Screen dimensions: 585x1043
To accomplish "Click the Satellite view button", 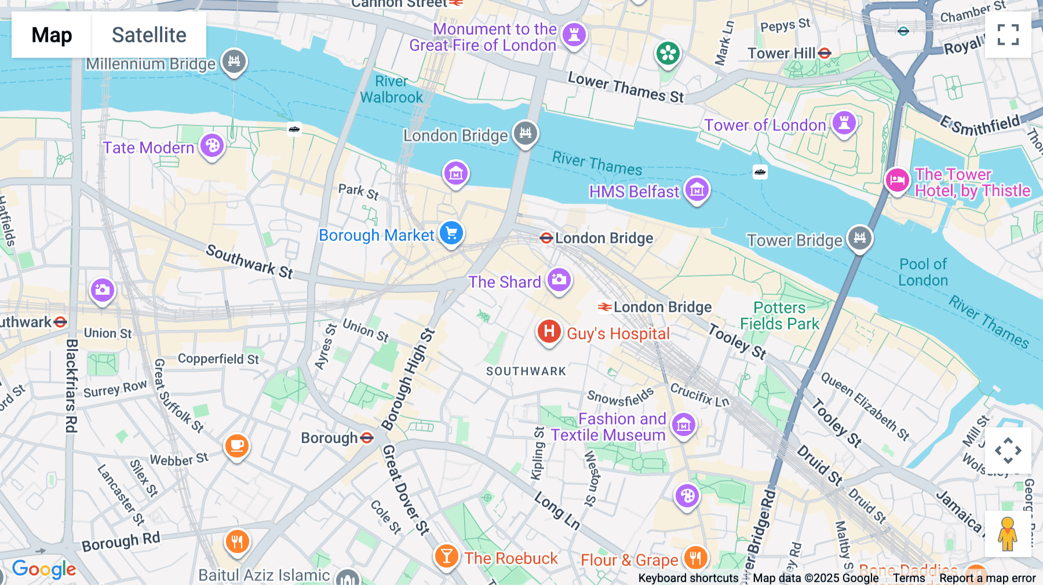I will click(x=149, y=35).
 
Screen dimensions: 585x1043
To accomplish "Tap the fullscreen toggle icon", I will click(x=1008, y=35).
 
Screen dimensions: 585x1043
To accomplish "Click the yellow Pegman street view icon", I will click(x=1008, y=534).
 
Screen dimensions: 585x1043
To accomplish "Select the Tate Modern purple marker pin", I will click(x=212, y=146).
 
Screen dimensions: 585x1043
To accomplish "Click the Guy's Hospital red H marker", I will click(x=549, y=332).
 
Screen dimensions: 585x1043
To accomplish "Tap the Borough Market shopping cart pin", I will click(x=451, y=233).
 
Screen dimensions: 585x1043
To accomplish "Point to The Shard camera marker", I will click(x=559, y=280).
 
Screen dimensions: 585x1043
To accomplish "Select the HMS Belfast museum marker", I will click(x=696, y=189).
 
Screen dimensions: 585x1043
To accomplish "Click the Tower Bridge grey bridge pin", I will click(x=860, y=238).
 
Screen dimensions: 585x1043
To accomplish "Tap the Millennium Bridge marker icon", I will click(x=234, y=61).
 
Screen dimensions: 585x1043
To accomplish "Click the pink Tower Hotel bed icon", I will click(x=897, y=180).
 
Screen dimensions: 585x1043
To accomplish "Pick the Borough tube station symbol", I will click(x=367, y=438).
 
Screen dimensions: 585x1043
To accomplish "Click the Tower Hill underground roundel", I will click(x=825, y=53).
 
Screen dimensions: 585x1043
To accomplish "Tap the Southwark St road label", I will click(x=250, y=261).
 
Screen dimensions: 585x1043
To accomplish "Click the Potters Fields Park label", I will click(x=780, y=316).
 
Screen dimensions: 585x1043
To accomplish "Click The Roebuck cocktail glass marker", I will click(x=446, y=557).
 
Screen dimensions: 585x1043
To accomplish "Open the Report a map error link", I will click(x=987, y=578).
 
